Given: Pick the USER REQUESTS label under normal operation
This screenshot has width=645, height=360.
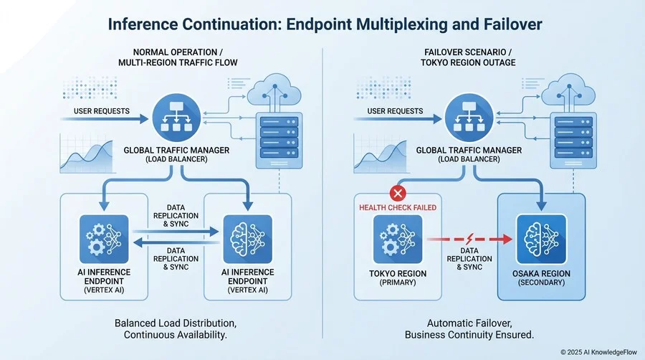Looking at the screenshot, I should pyautogui.click(x=101, y=111).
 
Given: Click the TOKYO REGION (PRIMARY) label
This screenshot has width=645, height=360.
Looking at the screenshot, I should pyautogui.click(x=398, y=277).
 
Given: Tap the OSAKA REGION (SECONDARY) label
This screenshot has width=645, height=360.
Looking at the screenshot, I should pyautogui.click(x=543, y=277).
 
